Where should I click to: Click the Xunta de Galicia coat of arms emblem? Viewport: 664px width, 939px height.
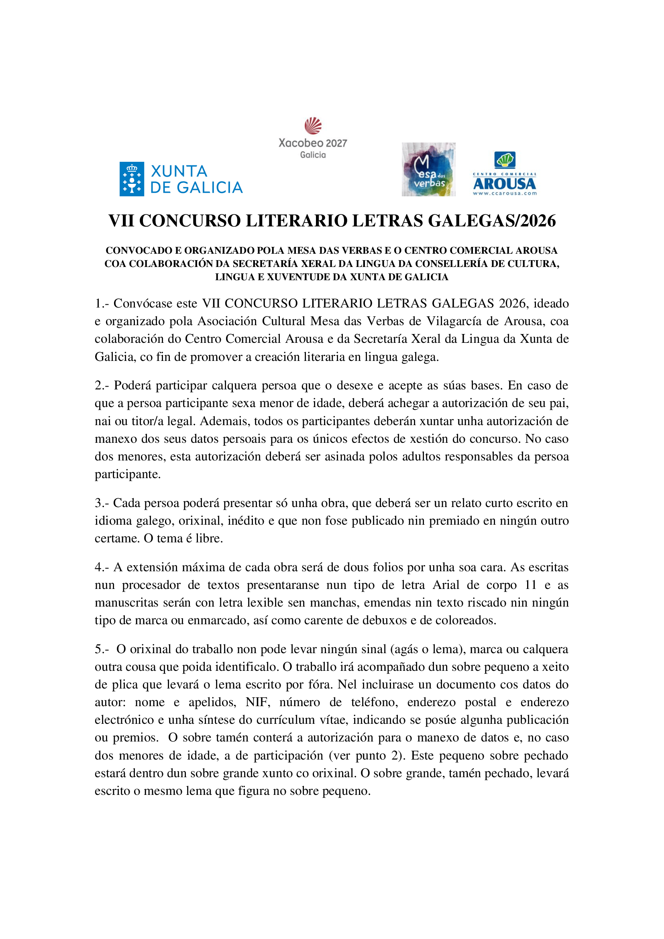click(x=132, y=179)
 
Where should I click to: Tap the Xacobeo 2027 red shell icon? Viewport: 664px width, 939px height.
click(x=313, y=126)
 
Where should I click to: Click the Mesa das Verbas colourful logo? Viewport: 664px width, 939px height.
click(x=428, y=169)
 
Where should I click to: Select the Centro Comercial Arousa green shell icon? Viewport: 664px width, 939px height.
click(x=505, y=159)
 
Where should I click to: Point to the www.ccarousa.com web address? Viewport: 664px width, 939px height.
click(x=505, y=194)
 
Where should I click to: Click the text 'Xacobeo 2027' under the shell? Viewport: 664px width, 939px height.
click(x=313, y=143)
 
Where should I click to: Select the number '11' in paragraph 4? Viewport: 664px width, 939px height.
click(x=530, y=585)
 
